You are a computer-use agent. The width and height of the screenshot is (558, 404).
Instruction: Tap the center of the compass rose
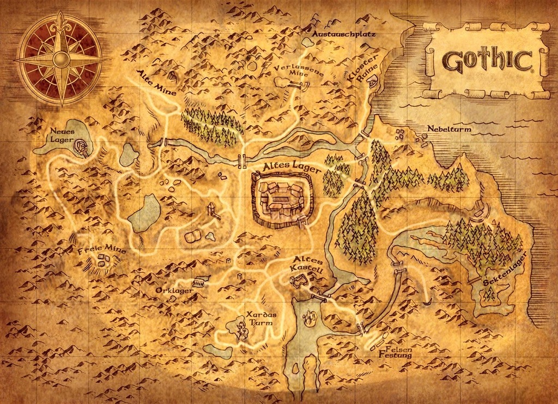click(x=60, y=58)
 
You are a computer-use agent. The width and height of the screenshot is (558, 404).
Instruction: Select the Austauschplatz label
click(x=344, y=33)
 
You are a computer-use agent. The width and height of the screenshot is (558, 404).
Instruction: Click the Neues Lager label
click(x=62, y=136)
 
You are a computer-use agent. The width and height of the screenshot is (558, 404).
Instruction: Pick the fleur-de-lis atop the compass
click(x=60, y=22)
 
